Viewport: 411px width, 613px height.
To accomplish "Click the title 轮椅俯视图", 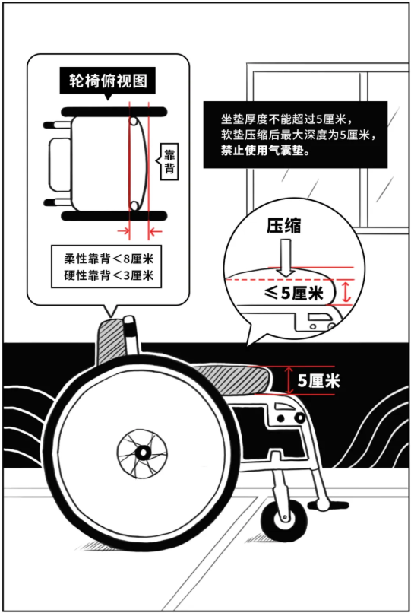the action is (108, 81).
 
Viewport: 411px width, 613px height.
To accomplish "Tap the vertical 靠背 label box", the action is (169, 162).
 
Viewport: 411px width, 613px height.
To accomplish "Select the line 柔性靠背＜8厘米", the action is (109, 259).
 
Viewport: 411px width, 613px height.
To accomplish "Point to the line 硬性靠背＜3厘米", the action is (109, 275).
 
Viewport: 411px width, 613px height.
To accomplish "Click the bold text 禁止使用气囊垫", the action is (265, 151).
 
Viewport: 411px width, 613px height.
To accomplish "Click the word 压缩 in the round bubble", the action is (284, 226).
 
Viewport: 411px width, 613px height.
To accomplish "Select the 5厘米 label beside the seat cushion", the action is (319, 380).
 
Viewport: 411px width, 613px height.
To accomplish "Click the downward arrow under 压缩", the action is (286, 258).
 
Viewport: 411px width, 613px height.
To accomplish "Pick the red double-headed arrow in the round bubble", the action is (346, 292).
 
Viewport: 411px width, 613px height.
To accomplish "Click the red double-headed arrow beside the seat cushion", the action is (289, 380).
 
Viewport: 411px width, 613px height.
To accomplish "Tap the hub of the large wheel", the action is (143, 453).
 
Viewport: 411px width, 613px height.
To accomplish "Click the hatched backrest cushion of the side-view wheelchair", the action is (112, 338).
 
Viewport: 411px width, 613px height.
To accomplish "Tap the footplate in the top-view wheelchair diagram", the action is (60, 164).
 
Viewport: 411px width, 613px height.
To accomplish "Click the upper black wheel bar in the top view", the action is (115, 112).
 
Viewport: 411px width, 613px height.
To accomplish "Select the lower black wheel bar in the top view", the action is (115, 215).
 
